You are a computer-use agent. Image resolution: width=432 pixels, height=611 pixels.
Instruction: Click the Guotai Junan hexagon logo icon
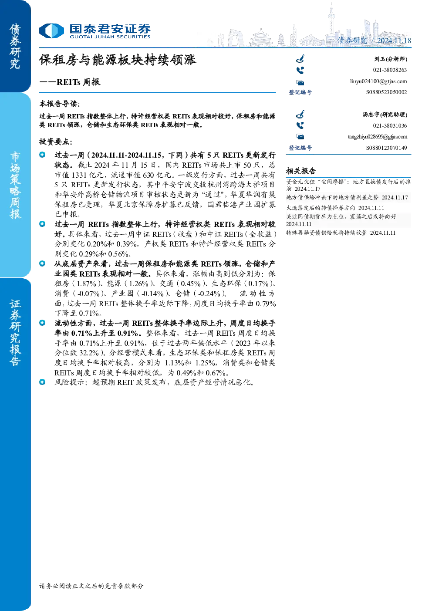point(51,30)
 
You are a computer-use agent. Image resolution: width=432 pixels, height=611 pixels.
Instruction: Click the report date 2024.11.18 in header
point(394,41)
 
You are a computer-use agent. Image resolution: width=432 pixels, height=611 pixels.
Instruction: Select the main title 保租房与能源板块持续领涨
point(118,60)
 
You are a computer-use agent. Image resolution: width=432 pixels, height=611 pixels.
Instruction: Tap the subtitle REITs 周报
point(78,82)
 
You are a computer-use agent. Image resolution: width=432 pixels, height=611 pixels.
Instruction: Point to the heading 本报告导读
point(60,104)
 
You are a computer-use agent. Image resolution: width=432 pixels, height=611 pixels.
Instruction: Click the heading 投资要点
point(56,142)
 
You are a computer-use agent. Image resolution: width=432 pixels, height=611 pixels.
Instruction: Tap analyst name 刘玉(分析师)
point(391,59)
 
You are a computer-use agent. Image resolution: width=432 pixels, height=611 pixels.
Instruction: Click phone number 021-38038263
point(390,70)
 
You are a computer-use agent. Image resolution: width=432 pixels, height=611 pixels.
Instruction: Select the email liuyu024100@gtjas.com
point(378,81)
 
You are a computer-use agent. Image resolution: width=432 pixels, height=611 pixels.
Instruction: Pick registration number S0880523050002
point(386,92)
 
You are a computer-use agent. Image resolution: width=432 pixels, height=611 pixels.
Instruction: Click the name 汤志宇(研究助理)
point(385,115)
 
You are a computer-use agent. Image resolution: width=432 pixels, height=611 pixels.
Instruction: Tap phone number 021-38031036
point(390,126)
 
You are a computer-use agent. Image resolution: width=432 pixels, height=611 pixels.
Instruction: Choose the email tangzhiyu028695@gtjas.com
point(378,137)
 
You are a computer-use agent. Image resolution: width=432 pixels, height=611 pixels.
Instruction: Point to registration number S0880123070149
point(386,148)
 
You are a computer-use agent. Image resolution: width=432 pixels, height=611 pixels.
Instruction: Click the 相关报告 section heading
point(301,171)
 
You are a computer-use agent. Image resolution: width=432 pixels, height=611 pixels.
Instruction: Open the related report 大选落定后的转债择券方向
point(321,208)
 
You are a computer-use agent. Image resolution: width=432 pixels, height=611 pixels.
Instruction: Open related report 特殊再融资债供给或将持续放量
point(327,233)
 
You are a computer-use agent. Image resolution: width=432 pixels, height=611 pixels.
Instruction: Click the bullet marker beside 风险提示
point(42,382)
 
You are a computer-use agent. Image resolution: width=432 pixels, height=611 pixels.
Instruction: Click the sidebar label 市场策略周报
point(15,186)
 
